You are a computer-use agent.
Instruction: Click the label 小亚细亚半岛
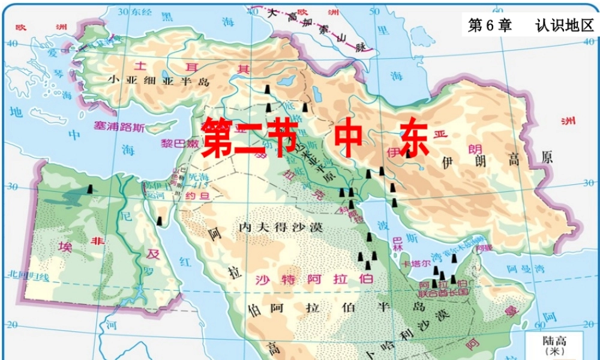click(x=159, y=80)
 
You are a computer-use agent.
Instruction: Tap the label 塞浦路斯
click(x=119, y=127)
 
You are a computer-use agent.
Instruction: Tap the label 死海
click(x=197, y=177)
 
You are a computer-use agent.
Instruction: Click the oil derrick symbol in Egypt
click(x=89, y=189)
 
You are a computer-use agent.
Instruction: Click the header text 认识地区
click(x=564, y=25)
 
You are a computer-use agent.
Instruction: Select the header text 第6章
click(x=490, y=25)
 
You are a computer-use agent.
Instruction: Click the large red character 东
click(x=413, y=137)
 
